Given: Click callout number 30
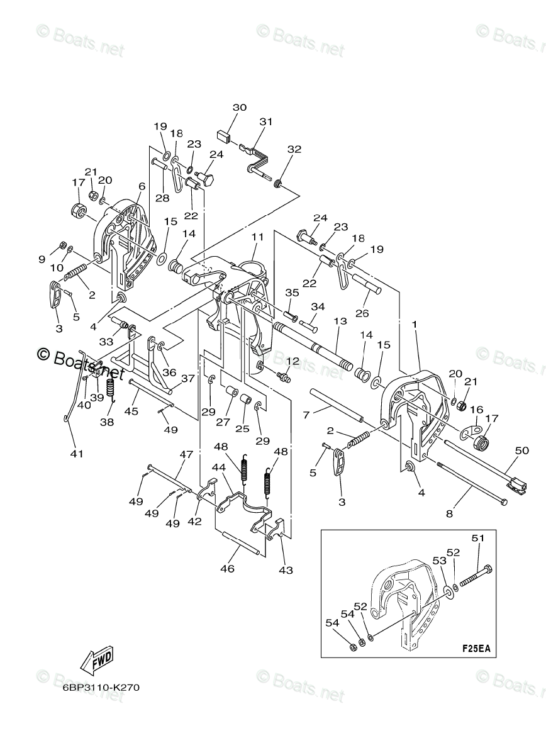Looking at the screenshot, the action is click(x=240, y=108).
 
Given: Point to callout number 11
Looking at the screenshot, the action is click(x=257, y=237).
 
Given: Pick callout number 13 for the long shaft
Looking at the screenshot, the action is click(x=340, y=321).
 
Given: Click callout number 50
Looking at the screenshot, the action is click(x=521, y=450).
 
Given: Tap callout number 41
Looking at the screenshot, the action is click(x=77, y=454).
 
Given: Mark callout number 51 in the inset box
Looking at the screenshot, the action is click(x=478, y=539).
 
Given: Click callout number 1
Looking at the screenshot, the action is click(x=415, y=325).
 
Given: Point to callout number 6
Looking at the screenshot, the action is click(x=142, y=186).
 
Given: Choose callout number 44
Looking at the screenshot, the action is click(x=219, y=467).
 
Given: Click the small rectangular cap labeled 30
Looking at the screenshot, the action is click(x=223, y=137).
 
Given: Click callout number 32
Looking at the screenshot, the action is click(x=294, y=149).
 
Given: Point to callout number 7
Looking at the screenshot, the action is click(x=306, y=415).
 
